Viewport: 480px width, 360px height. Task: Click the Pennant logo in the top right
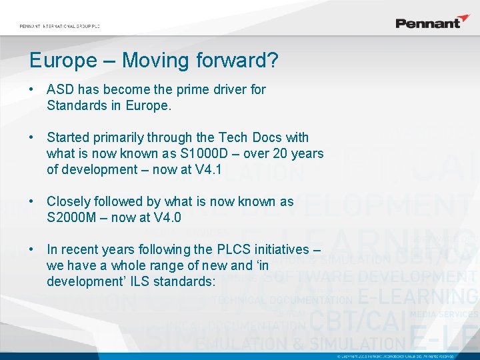click(433, 23)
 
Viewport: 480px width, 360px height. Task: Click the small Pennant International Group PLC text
click(59, 26)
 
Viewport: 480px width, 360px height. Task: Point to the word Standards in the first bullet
click(75, 105)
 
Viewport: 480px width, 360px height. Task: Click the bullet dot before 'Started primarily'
click(32, 137)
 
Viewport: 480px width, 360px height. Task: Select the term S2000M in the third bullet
click(69, 217)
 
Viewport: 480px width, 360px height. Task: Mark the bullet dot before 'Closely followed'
click(32, 201)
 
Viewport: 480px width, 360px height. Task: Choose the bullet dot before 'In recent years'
click(32, 249)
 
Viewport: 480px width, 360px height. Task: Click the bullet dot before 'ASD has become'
click(32, 89)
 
